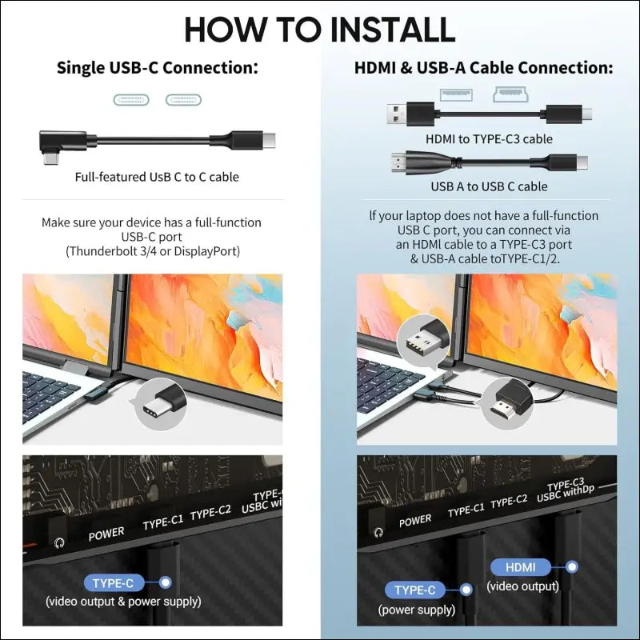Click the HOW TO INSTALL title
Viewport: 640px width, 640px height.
click(x=319, y=30)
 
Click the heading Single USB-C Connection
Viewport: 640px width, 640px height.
click(x=157, y=68)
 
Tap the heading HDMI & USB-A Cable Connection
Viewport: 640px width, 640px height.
click(x=484, y=68)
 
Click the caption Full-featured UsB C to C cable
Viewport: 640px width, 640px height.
click(x=157, y=177)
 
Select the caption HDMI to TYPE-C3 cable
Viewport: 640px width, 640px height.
click(x=489, y=139)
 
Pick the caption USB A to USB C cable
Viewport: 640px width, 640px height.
click(x=489, y=186)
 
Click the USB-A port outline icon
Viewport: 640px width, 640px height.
click(x=456, y=94)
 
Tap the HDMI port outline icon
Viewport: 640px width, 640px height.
click(x=510, y=94)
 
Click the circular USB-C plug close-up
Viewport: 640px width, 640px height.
click(x=161, y=404)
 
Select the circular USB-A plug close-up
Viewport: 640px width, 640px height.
click(x=423, y=339)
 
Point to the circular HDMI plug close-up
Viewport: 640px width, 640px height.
click(x=507, y=403)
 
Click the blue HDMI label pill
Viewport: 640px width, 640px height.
click(x=521, y=567)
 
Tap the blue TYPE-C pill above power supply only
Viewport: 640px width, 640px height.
click(x=414, y=590)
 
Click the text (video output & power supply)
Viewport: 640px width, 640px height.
click(x=123, y=602)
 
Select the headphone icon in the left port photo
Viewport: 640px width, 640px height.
click(x=59, y=543)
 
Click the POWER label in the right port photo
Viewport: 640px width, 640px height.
click(x=415, y=521)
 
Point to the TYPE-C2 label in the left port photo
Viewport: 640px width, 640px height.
click(x=210, y=512)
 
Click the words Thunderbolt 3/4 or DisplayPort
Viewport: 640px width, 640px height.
click(x=153, y=251)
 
